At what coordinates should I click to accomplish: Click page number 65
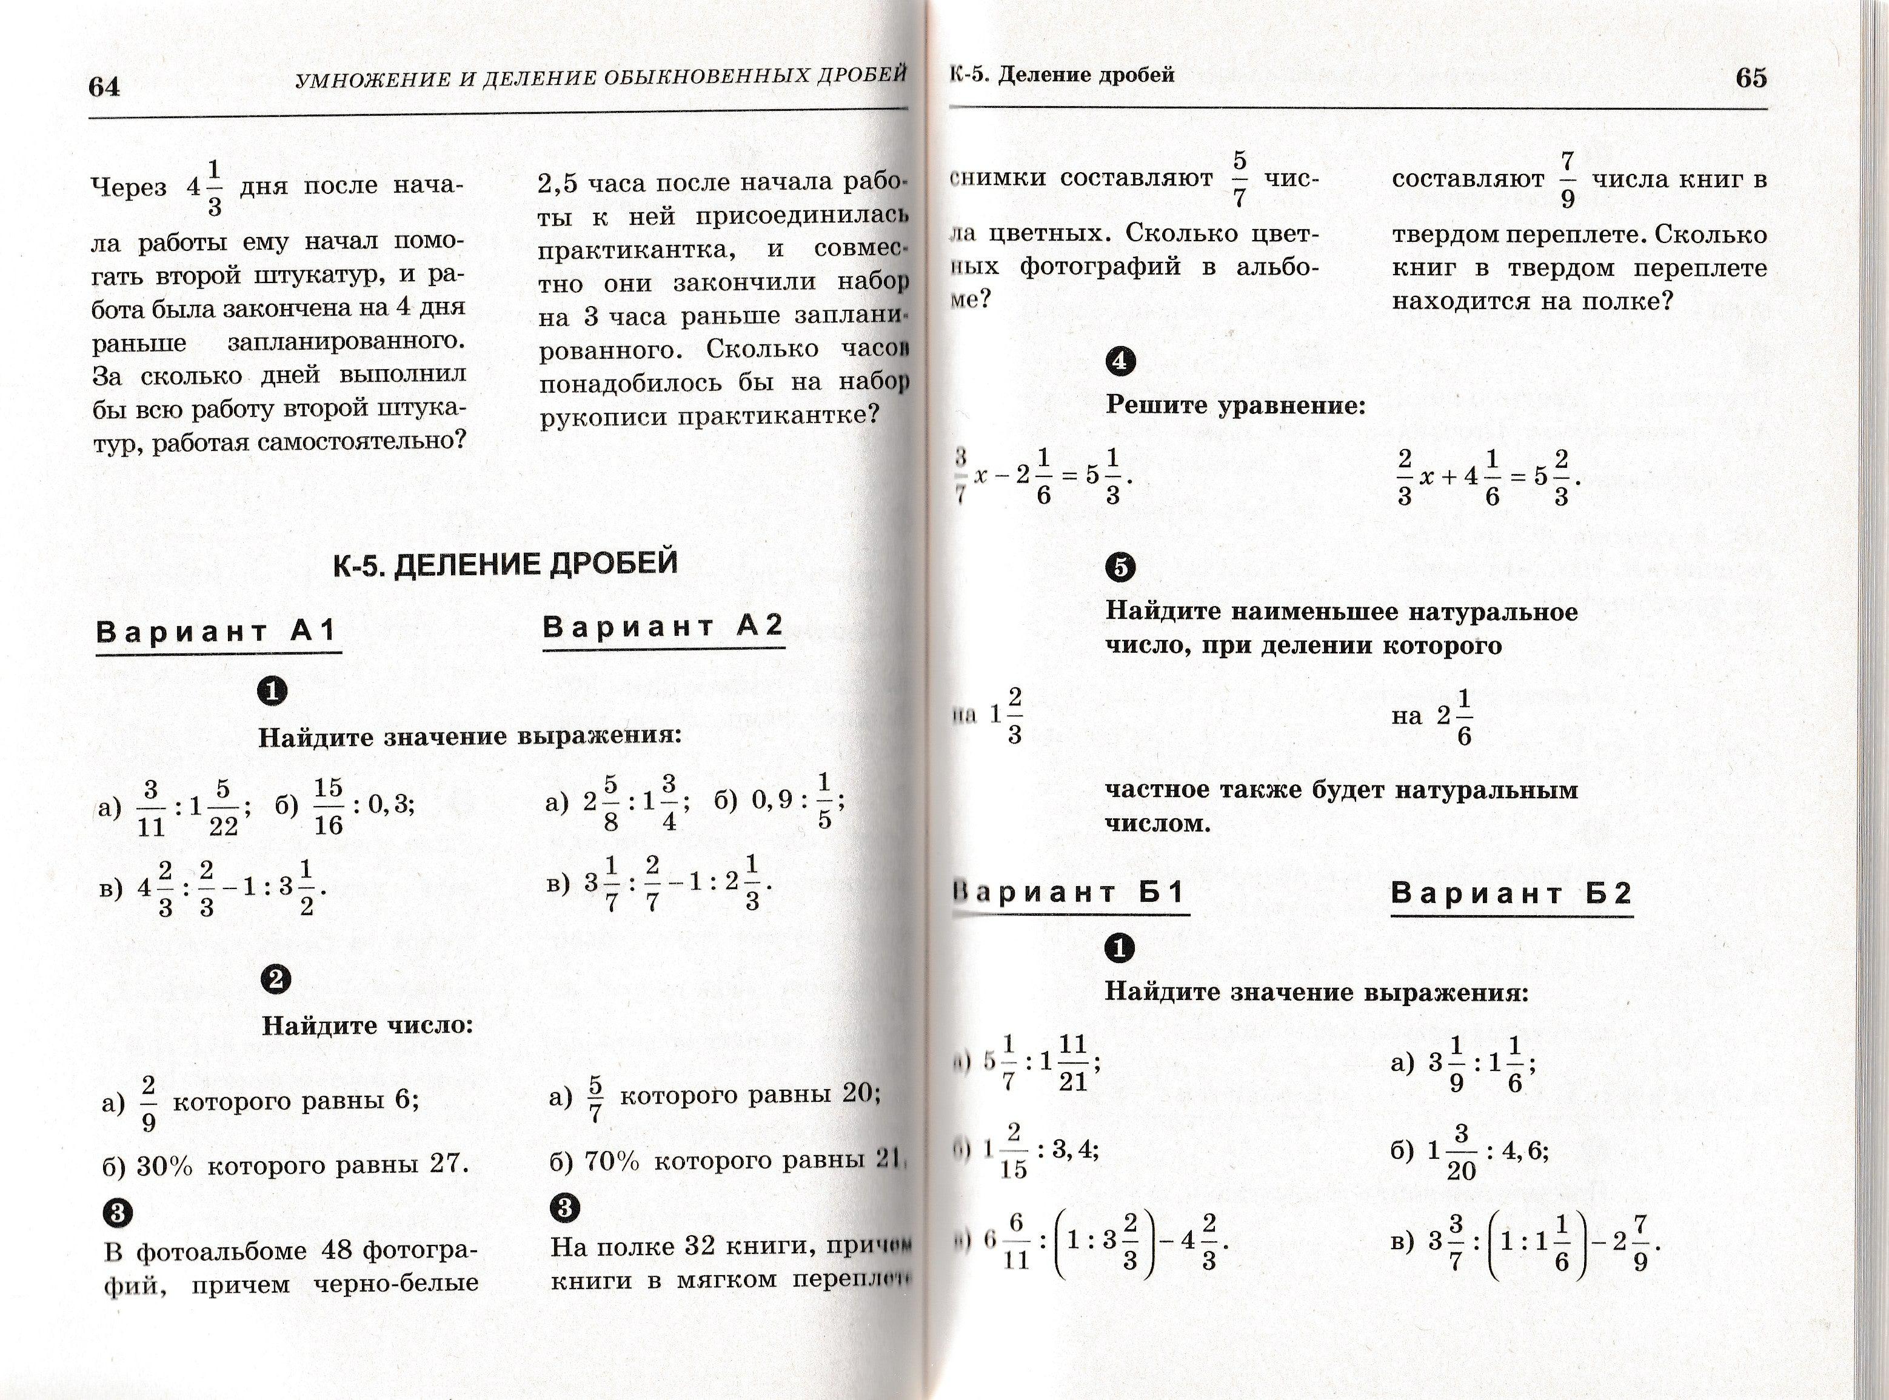(1751, 78)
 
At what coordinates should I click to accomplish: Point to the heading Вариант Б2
(1511, 893)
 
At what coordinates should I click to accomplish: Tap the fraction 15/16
(328, 807)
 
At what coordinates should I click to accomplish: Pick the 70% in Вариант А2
(611, 1160)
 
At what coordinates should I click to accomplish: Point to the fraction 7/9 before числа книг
(1567, 179)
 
